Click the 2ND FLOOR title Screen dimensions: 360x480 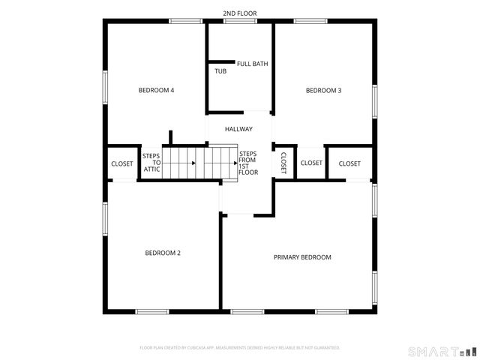click(239, 13)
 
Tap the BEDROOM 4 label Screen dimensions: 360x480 click(156, 91)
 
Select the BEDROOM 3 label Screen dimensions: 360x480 click(323, 91)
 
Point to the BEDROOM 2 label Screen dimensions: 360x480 click(163, 253)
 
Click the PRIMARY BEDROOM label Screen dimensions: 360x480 click(301, 257)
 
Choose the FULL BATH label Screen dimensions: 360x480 click(252, 64)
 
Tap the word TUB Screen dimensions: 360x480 click(220, 71)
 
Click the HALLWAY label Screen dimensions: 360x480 click(238, 129)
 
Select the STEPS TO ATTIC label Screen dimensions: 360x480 click(151, 163)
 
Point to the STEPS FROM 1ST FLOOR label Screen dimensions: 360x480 click(248, 163)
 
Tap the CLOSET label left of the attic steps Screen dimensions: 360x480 click(121, 163)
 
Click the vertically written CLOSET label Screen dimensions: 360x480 click(283, 163)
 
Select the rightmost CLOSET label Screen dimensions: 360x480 click(349, 163)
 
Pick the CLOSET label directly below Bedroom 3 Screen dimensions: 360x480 click(311, 163)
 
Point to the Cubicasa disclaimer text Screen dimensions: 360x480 click(240, 348)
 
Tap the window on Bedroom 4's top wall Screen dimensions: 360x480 click(185, 21)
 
